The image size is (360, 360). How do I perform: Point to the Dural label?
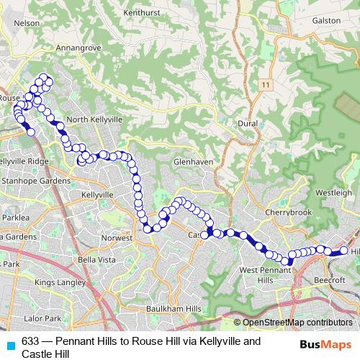pos(248,123)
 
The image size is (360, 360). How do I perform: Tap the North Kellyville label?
pos(96,120)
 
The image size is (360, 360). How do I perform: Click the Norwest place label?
pos(117,238)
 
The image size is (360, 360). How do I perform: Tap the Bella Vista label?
pos(96,259)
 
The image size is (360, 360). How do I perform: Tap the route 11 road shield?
pos(266,85)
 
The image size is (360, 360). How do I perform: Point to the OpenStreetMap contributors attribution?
pos(297,323)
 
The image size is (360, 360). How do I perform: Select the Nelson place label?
pos(27,22)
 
